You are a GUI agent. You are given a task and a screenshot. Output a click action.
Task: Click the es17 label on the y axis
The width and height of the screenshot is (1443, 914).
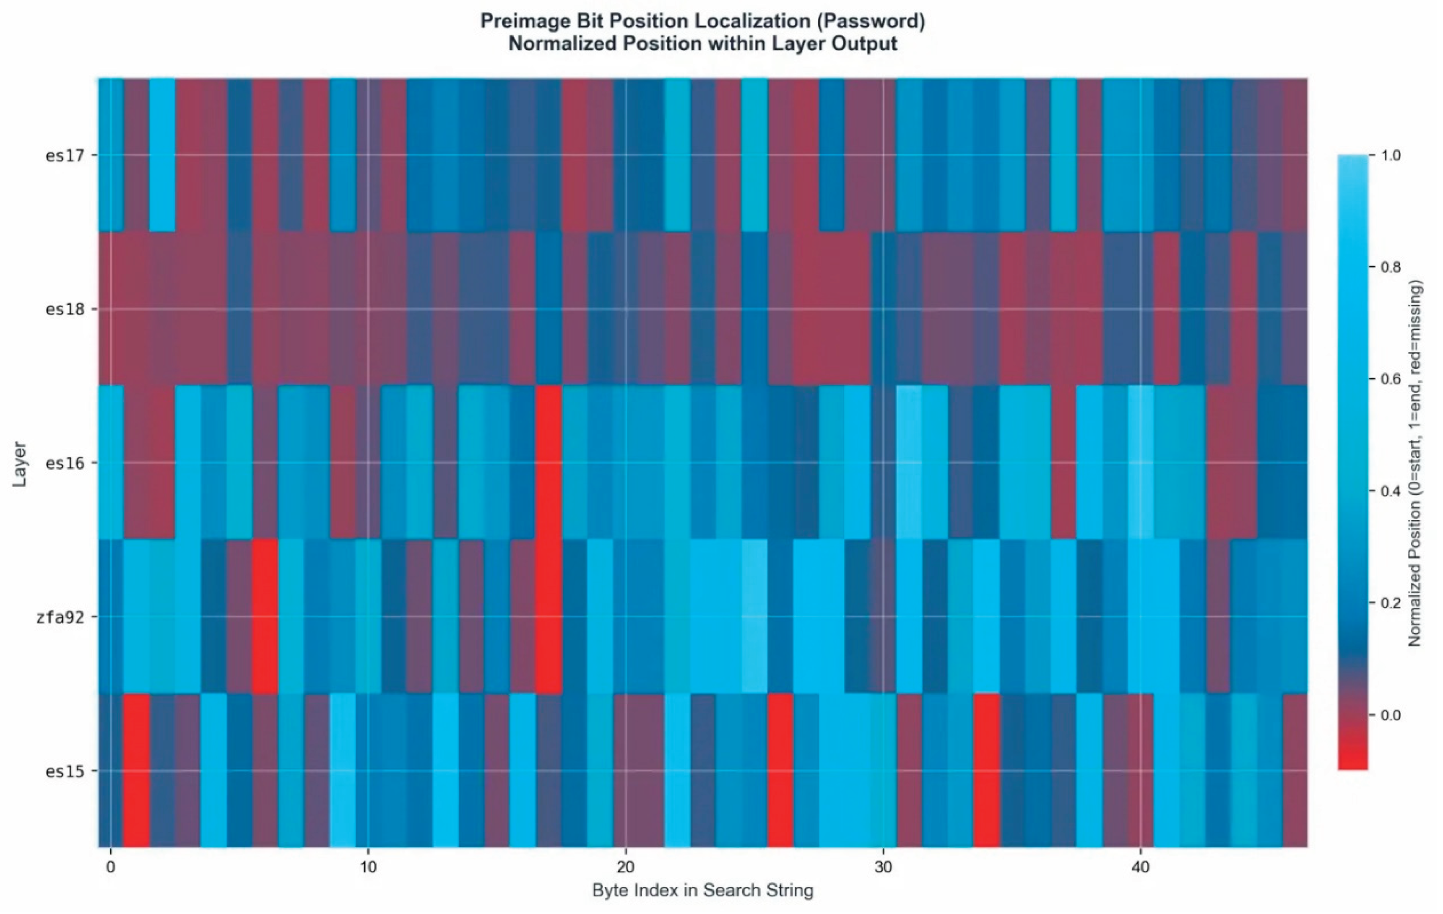(63, 156)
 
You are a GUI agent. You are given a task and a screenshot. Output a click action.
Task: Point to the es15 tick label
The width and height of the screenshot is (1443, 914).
(63, 771)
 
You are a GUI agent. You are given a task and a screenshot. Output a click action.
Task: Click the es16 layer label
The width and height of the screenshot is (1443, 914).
(63, 463)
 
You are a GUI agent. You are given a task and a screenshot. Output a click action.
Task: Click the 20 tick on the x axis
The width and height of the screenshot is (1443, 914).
(625, 867)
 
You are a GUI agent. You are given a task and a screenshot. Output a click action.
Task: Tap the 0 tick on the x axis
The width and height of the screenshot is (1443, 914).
(110, 867)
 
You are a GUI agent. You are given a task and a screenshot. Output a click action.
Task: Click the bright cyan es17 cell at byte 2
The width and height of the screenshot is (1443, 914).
(162, 155)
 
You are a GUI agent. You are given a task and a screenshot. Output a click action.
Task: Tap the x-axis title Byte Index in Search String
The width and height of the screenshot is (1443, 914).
(702, 891)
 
